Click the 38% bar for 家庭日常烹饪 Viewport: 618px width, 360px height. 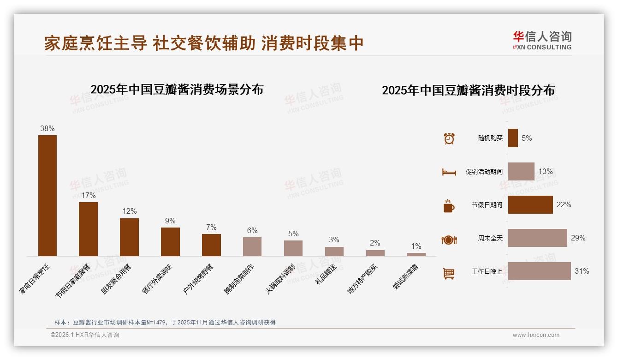(x=47, y=195)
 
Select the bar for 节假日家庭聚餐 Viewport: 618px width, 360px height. (x=88, y=229)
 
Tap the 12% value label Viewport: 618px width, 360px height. (x=129, y=211)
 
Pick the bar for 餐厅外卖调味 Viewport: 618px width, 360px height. (x=170, y=242)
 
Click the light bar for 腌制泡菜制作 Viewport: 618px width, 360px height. (x=252, y=246)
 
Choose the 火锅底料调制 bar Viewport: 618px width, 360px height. (x=293, y=248)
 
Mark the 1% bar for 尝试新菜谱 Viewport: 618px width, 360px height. (x=416, y=254)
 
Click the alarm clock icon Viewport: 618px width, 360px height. (x=449, y=138)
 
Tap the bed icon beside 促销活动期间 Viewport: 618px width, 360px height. (x=449, y=172)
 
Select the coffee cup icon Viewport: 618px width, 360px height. (x=449, y=206)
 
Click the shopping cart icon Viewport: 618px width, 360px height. (x=449, y=273)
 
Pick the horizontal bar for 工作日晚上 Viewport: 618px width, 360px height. (x=539, y=271)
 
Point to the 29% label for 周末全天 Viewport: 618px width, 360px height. (x=578, y=238)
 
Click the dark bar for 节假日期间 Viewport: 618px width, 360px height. (x=530, y=204)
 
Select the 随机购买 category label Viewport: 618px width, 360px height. (x=490, y=138)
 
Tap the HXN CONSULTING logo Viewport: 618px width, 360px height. (x=542, y=40)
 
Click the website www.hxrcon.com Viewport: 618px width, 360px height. (x=536, y=335)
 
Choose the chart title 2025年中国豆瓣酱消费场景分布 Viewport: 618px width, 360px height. (x=177, y=90)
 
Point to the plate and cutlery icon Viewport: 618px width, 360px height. (x=449, y=240)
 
